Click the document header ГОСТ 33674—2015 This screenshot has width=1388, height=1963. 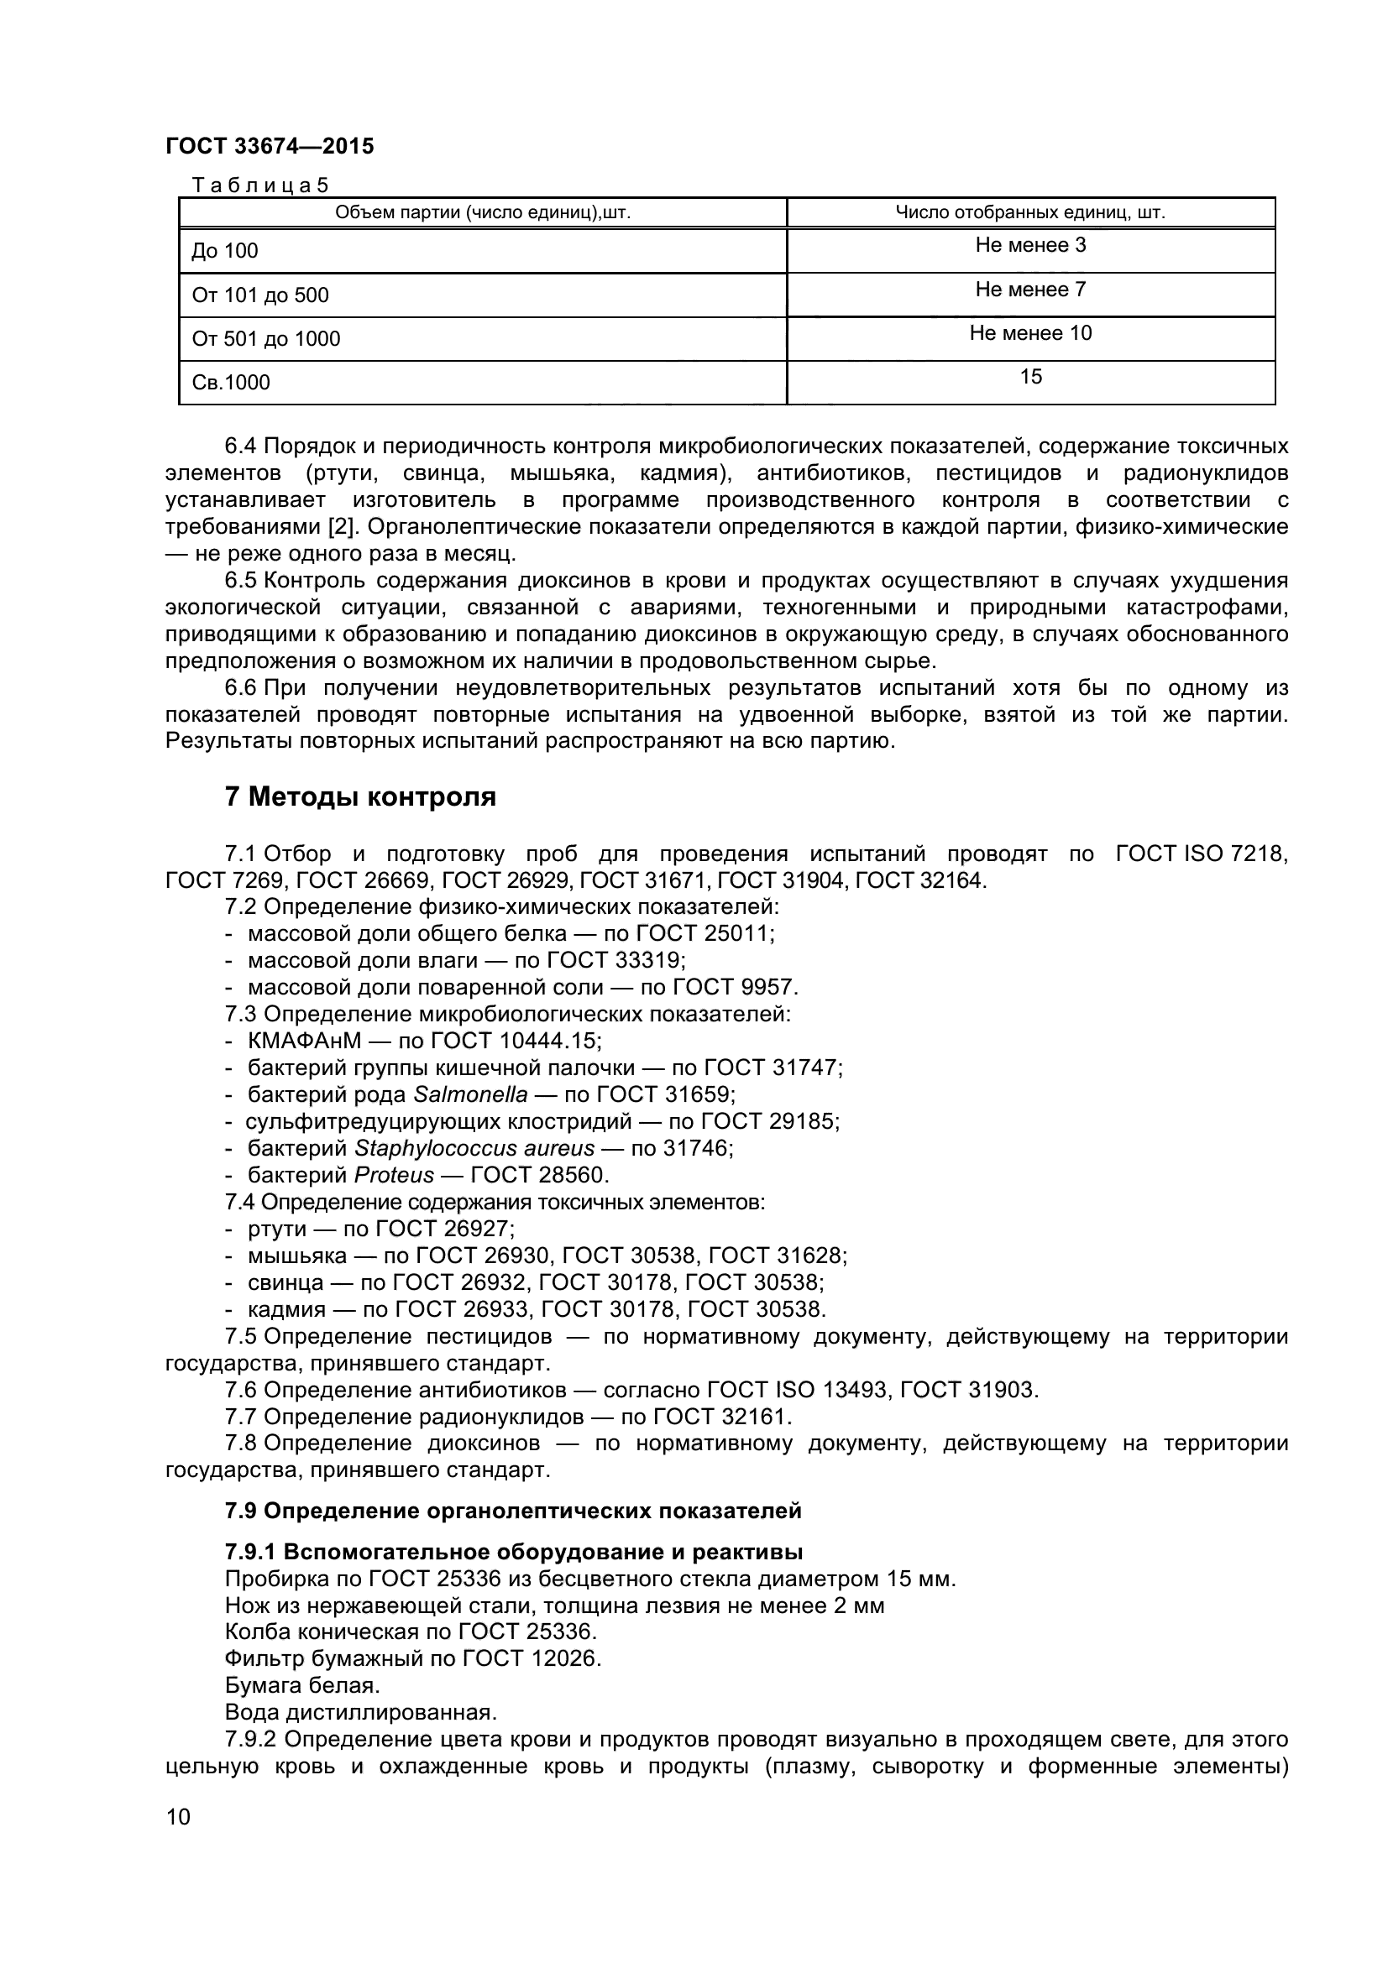270,146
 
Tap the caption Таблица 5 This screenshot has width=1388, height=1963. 260,185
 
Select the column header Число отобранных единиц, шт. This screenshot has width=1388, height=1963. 1029,212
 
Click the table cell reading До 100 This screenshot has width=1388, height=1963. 225,250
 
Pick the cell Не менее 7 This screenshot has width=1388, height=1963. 1029,290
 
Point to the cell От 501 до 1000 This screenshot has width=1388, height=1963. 266,338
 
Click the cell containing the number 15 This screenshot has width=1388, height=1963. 1029,377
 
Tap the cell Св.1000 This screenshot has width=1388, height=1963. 231,382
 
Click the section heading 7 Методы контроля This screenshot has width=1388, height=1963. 360,796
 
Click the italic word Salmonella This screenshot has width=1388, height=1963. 470,1094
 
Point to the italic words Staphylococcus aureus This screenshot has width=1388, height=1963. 474,1148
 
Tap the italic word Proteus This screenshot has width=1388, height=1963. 394,1175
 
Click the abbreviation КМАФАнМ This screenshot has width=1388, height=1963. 305,1041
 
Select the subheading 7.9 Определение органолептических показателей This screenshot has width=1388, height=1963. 513,1511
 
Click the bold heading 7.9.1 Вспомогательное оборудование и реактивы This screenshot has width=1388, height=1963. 513,1552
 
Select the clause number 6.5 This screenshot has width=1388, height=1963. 240,581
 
